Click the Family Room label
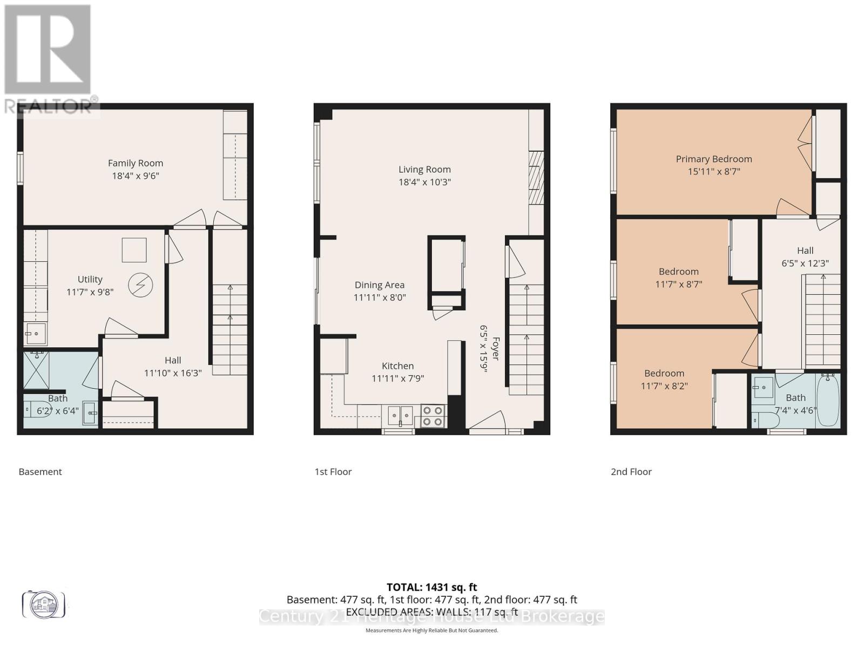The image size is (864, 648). coord(135,163)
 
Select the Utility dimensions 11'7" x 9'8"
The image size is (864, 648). coord(90,292)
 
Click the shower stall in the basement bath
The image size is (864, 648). coord(36,370)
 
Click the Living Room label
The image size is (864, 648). coord(424,170)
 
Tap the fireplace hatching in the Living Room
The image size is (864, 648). coord(536,178)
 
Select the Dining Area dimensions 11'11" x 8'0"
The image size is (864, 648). coord(379,298)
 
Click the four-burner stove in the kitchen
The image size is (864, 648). coord(433,416)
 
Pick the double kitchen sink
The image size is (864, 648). coord(400,416)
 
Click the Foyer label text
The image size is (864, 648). coord(495,349)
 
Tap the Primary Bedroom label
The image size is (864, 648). coord(713,159)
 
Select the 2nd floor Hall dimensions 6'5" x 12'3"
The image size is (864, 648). coord(805,264)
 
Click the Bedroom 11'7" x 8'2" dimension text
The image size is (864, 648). coord(664,386)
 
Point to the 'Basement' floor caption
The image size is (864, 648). coord(40,471)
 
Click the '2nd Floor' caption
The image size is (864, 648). coord(631,471)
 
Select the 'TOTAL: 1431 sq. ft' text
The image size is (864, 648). coord(431,587)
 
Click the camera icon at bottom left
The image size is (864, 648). coord(43,604)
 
